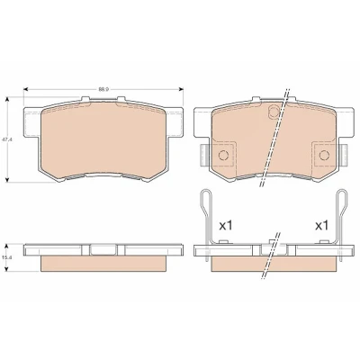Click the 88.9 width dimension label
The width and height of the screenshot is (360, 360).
pyautogui.click(x=103, y=89)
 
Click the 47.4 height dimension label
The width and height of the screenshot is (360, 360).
pyautogui.click(x=5, y=139)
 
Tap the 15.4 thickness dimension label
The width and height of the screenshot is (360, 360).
pyautogui.click(x=5, y=257)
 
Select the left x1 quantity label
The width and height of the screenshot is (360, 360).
pyautogui.click(x=226, y=225)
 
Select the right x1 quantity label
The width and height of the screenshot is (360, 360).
pyautogui.click(x=322, y=225)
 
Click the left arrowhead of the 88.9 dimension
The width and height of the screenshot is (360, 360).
pyautogui.click(x=26, y=89)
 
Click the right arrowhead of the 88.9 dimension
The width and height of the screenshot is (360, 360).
pyautogui.click(x=181, y=89)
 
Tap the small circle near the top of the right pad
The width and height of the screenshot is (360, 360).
pyautogui.click(x=274, y=112)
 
